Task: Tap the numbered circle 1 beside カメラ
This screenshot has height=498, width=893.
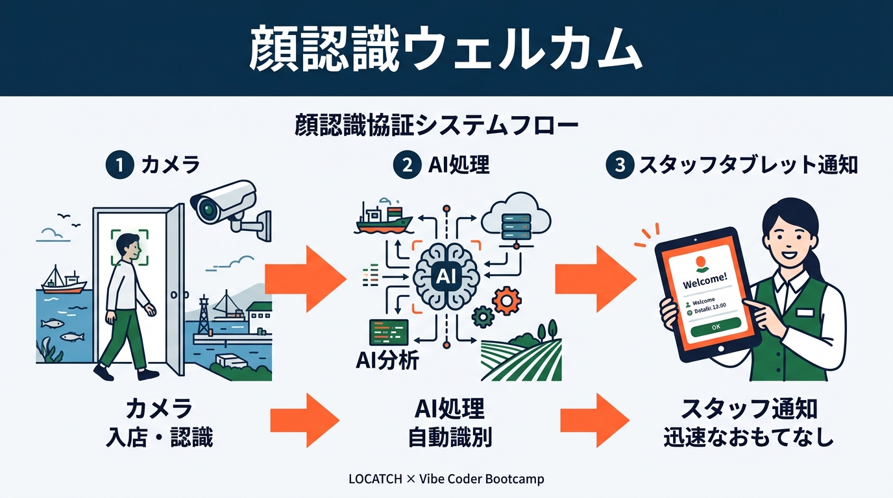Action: click(119, 165)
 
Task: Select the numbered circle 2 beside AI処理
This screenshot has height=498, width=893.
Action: click(408, 165)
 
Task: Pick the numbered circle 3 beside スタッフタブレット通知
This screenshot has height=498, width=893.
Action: click(619, 165)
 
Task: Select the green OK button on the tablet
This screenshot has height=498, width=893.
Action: click(715, 327)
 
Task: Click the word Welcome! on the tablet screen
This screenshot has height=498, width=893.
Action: click(705, 283)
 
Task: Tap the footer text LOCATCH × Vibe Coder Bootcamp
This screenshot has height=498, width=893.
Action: click(446, 479)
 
